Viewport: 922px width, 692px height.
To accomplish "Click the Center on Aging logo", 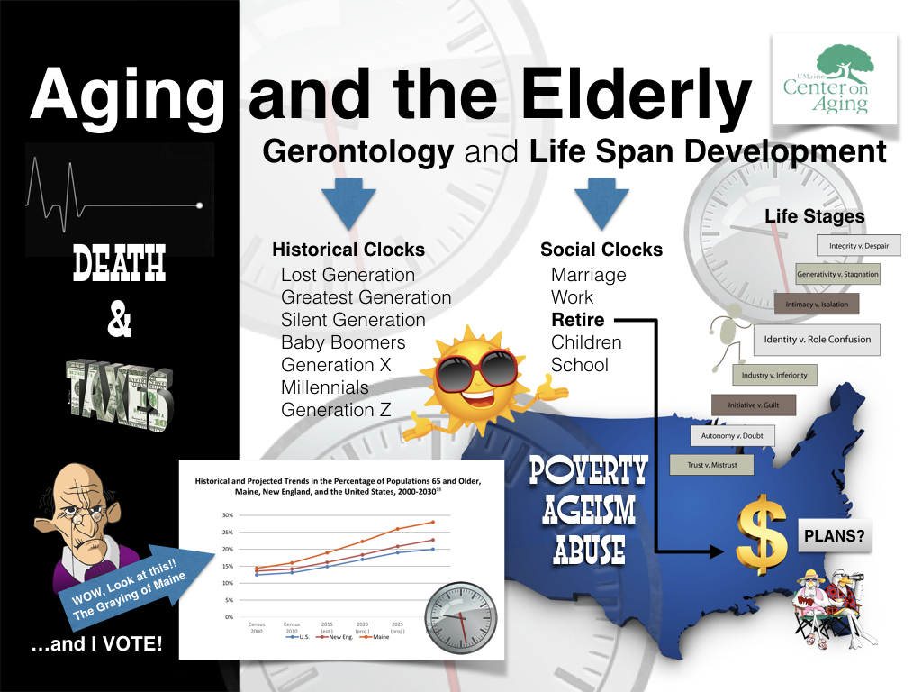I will pos(835,78).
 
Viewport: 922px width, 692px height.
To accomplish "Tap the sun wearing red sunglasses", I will pos(477,369).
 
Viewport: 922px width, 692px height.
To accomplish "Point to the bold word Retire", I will pos(577,320).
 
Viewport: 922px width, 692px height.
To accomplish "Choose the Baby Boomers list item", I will pos(343,342).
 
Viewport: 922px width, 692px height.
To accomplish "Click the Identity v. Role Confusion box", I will pos(817,340).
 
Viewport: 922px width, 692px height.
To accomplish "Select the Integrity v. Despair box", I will pos(858,245).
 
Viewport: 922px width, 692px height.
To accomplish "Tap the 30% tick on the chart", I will pos(228,515).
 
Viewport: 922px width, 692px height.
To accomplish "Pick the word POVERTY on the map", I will pos(588,471).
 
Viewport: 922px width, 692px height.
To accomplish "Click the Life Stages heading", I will pos(814,216).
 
